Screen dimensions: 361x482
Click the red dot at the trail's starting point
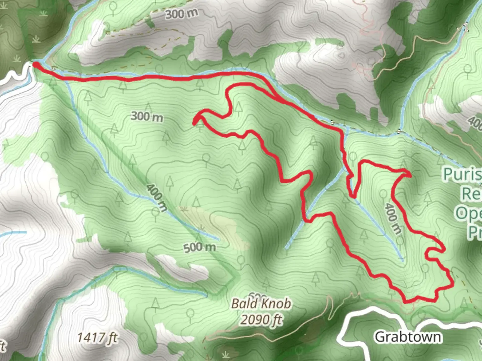click(35, 64)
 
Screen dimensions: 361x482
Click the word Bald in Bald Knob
click(245, 304)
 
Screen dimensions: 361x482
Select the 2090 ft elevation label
click(261, 320)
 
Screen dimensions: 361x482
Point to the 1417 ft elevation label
click(97, 337)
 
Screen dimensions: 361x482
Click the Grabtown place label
click(408, 337)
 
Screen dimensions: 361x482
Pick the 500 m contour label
click(199, 248)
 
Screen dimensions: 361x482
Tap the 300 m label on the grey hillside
click(181, 14)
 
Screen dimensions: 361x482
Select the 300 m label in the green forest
click(147, 117)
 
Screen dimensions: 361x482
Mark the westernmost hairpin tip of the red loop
click(194, 123)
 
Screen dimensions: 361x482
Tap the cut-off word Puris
click(462, 174)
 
